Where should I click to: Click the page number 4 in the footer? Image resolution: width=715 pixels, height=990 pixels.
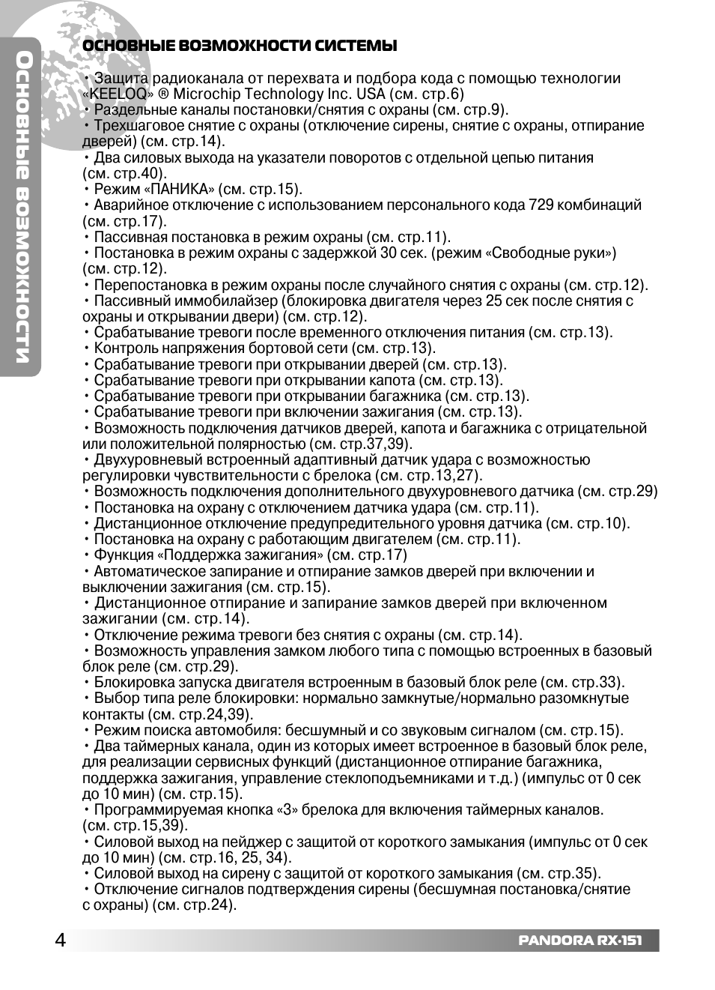pyautogui.click(x=60, y=941)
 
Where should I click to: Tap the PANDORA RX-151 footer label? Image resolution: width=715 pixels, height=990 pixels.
pyautogui.click(x=579, y=941)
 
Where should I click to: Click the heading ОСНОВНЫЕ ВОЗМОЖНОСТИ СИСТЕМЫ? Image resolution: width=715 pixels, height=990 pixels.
pyautogui.click(x=239, y=46)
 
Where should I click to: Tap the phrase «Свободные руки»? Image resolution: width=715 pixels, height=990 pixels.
pyautogui.click(x=551, y=253)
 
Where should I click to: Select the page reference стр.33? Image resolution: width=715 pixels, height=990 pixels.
pyautogui.click(x=596, y=682)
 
